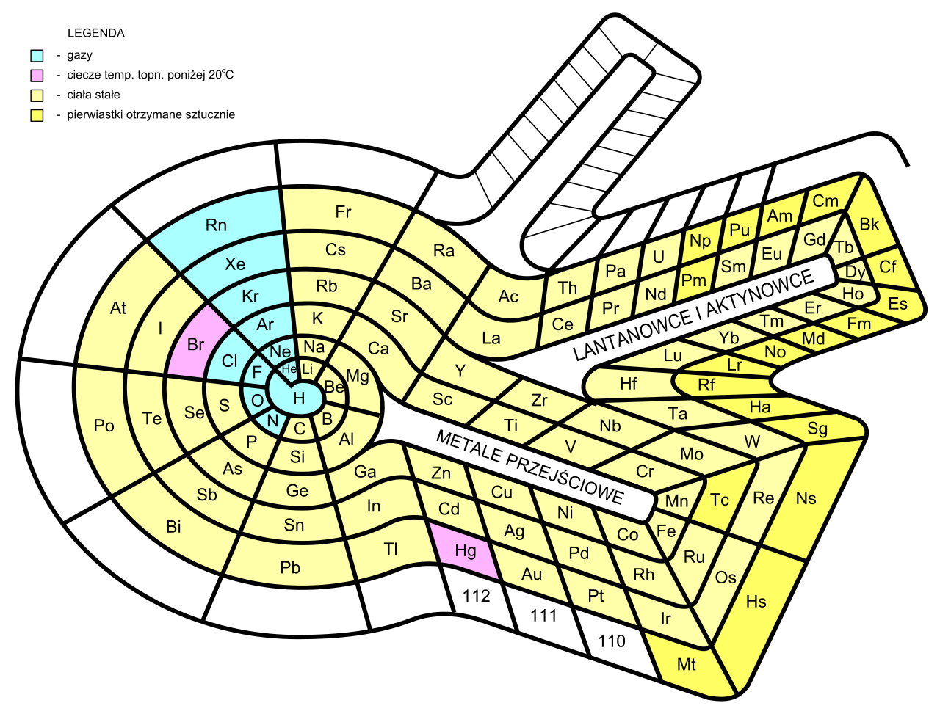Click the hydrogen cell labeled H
pos(298,397)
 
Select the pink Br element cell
pos(195,345)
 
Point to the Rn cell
pos(216,225)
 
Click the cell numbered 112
pos(476,597)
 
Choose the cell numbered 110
pos(611,642)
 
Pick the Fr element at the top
pos(343,212)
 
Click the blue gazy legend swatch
pos(37,55)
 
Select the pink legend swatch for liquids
pos(37,75)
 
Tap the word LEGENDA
pos(95,34)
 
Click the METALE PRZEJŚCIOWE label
pos(529,467)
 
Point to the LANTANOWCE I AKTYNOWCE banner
pos(704,315)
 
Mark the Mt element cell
pos(687,666)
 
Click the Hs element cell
pos(756,602)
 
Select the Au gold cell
pos(531,575)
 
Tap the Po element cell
pos(104,426)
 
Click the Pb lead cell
pos(290,567)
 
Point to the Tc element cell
pos(720,500)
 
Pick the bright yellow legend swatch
pos(37,115)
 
